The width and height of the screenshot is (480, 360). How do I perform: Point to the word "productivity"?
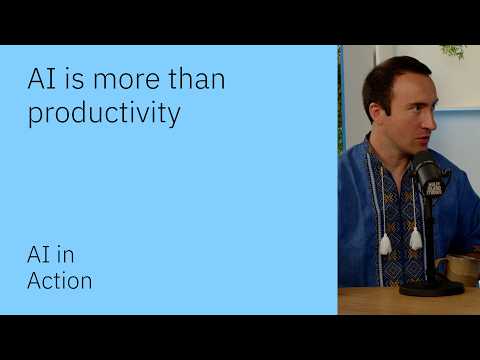pos(104,114)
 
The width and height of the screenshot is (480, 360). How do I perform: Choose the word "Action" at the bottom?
pos(59,281)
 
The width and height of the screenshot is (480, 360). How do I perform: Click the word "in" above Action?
pos(64,254)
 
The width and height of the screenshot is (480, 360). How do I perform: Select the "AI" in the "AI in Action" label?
pos(37,254)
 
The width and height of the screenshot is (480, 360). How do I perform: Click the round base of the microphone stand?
pos(431,287)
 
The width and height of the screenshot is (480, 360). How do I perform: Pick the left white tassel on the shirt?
pos(385,244)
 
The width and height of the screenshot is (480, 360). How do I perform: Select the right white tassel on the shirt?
pos(415,238)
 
